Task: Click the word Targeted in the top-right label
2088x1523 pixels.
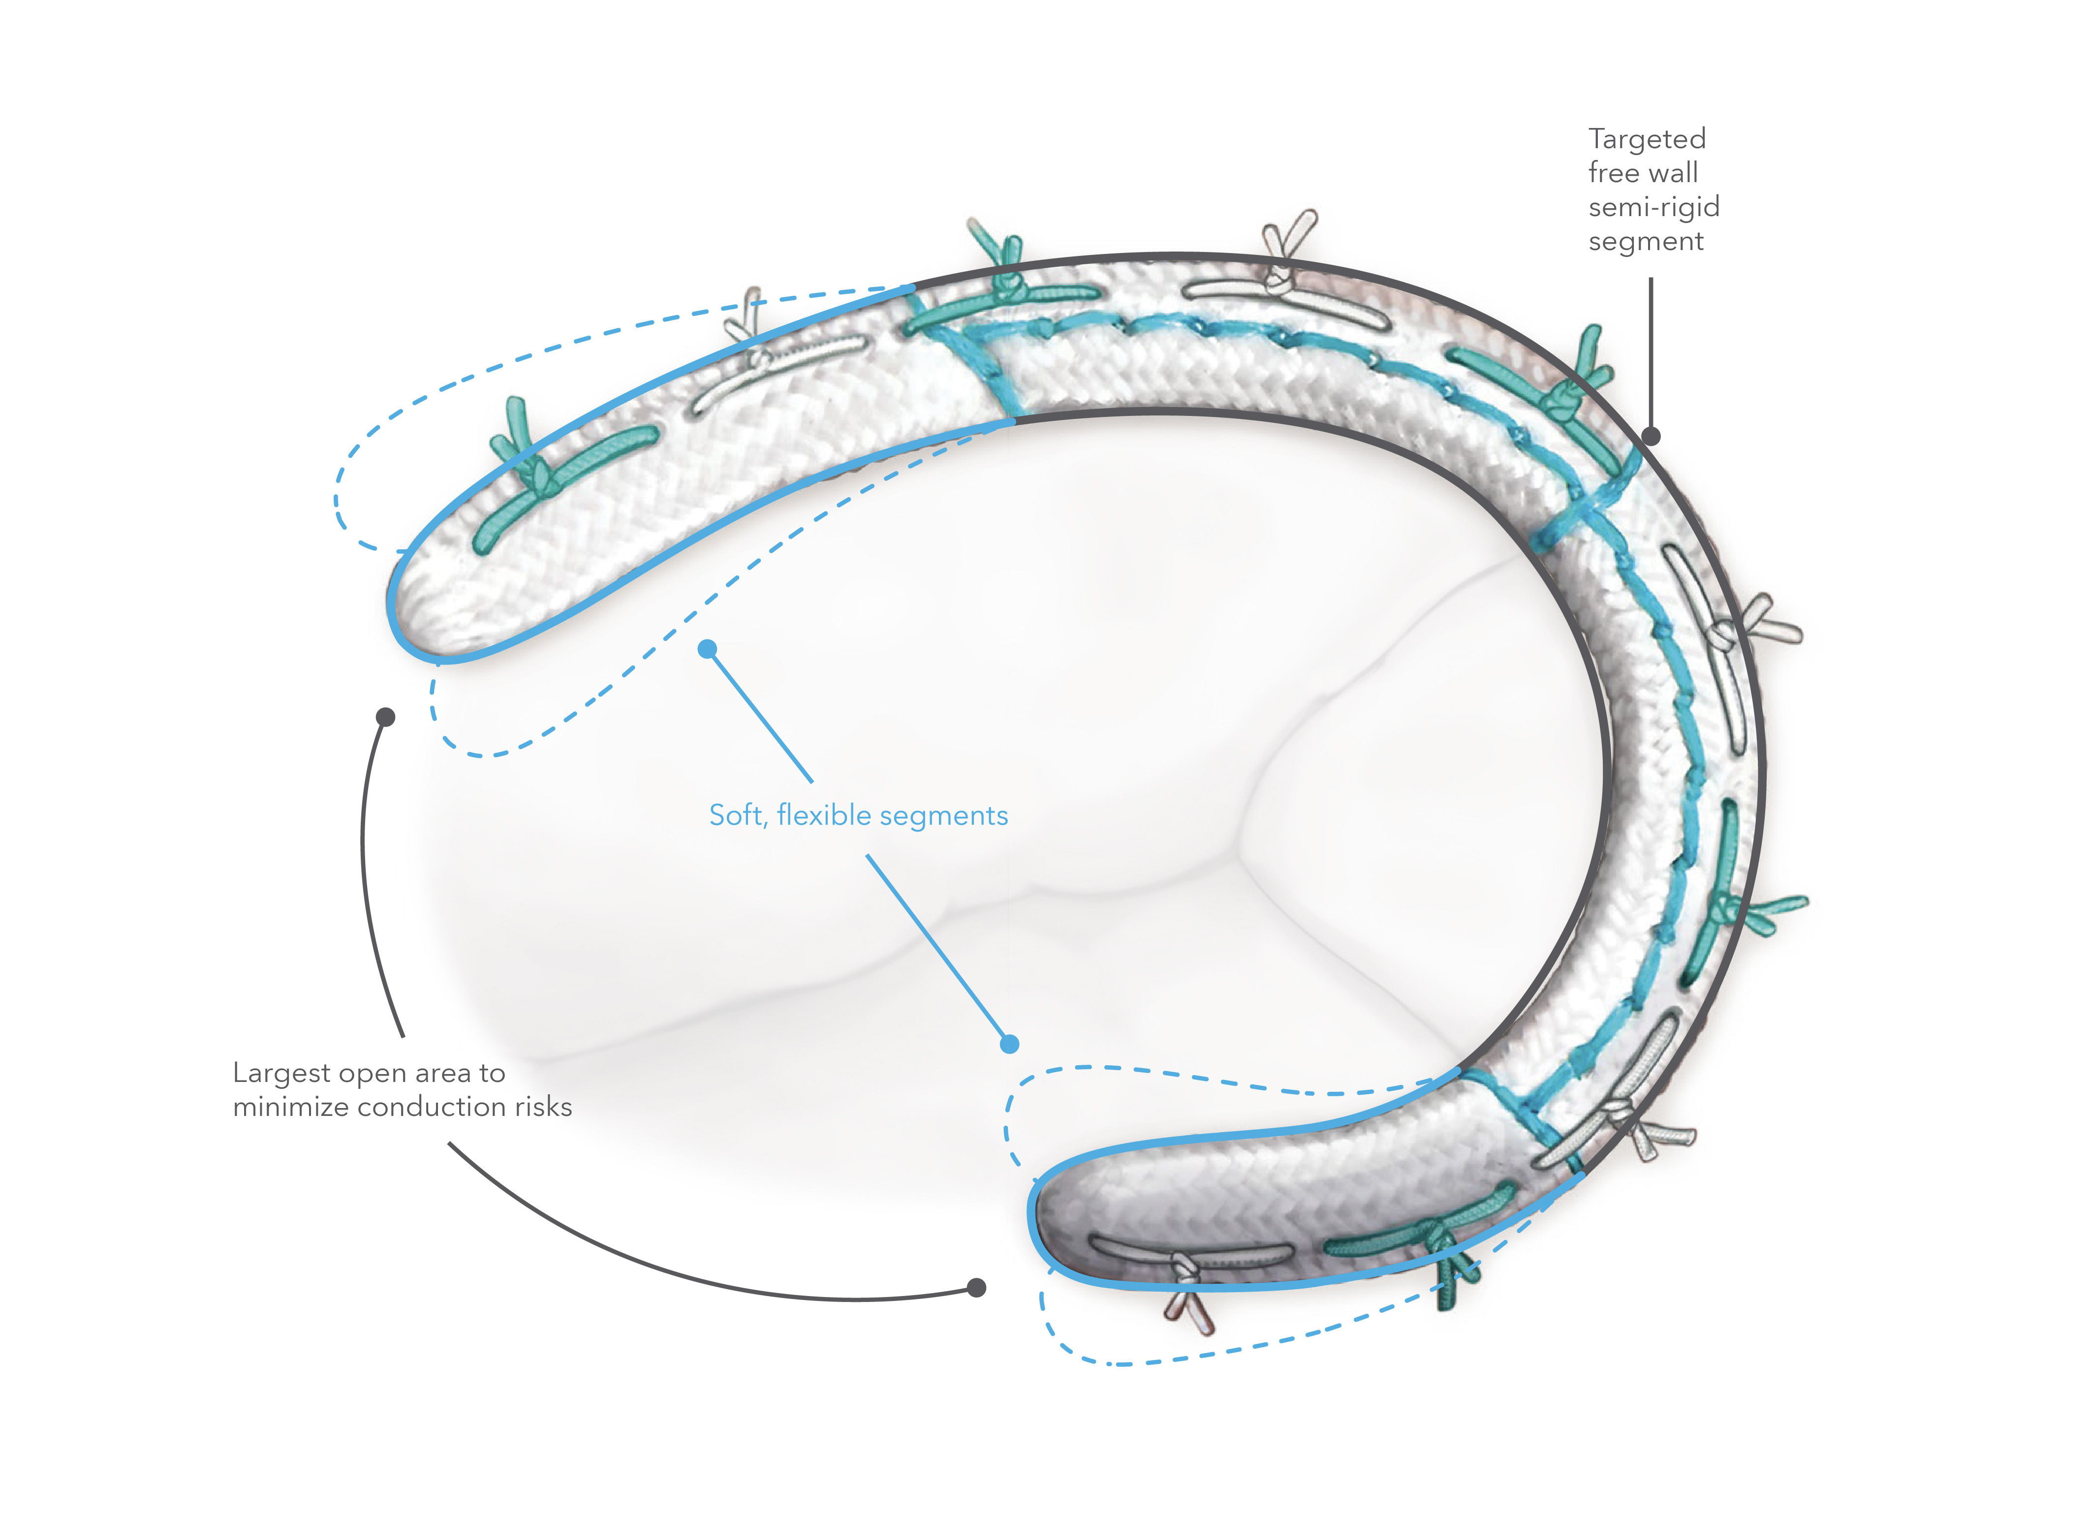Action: (1647, 139)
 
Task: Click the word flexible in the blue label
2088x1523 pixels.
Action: (824, 816)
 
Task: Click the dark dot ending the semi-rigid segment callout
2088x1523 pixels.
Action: (1651, 436)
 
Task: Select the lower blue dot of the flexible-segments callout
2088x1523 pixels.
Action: (1010, 1045)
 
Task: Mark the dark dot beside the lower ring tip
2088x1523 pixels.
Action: (977, 1288)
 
